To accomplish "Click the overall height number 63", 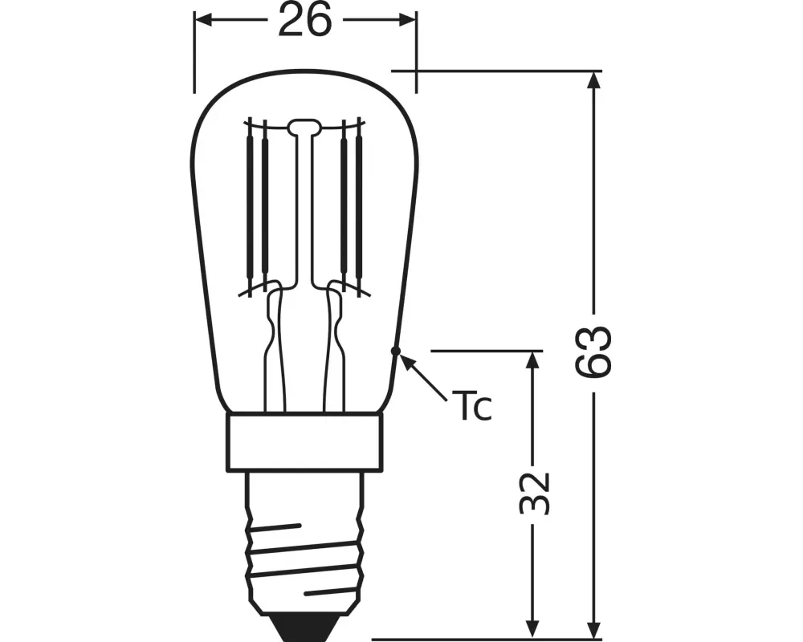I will [x=594, y=351].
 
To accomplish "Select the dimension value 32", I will [x=532, y=492].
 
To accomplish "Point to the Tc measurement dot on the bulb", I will [x=395, y=351].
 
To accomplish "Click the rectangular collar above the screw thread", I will [x=304, y=442].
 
